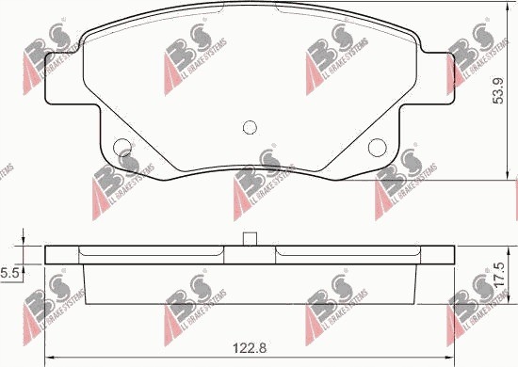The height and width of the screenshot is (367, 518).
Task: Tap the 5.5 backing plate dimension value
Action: tap(10, 272)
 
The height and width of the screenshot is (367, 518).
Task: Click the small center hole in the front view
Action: tap(250, 128)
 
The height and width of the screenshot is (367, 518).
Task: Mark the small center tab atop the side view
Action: tap(250, 239)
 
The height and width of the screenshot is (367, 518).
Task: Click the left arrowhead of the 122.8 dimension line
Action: tap(50, 357)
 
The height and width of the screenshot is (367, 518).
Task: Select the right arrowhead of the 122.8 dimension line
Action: tap(448, 357)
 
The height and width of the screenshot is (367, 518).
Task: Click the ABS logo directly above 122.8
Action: tap(197, 311)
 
